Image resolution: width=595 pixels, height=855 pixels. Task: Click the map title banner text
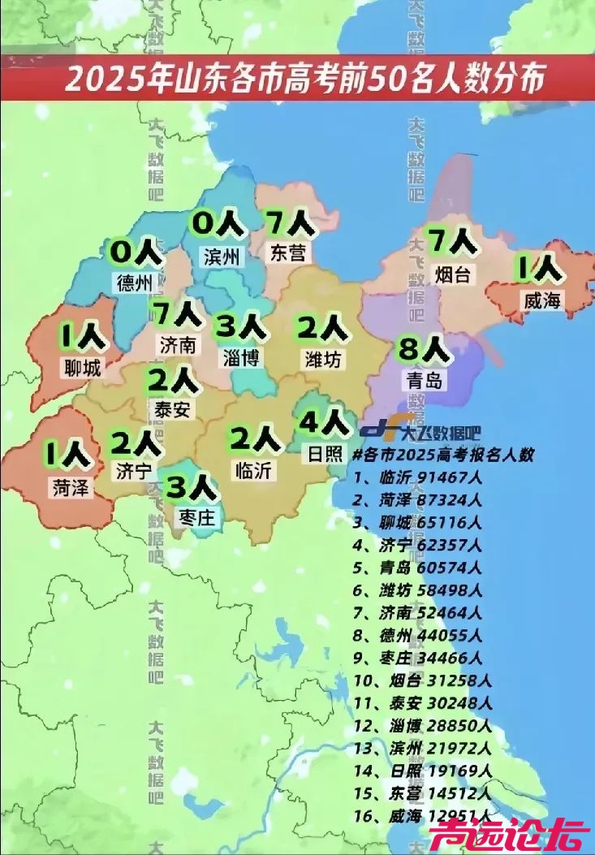(x=304, y=80)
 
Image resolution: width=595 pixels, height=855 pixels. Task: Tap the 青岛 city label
(x=424, y=379)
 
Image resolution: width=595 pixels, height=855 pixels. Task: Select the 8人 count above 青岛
(x=423, y=350)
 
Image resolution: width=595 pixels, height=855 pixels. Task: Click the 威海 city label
(x=542, y=300)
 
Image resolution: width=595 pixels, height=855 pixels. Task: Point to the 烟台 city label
(x=451, y=275)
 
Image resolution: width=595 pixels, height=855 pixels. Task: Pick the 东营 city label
(x=288, y=253)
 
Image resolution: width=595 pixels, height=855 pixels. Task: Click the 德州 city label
(x=135, y=283)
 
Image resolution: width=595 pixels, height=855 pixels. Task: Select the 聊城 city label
(x=82, y=368)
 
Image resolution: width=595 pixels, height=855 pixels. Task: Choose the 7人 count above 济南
(x=175, y=313)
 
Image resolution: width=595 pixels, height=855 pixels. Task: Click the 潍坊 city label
(x=323, y=357)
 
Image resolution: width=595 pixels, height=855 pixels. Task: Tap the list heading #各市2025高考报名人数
(x=443, y=455)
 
